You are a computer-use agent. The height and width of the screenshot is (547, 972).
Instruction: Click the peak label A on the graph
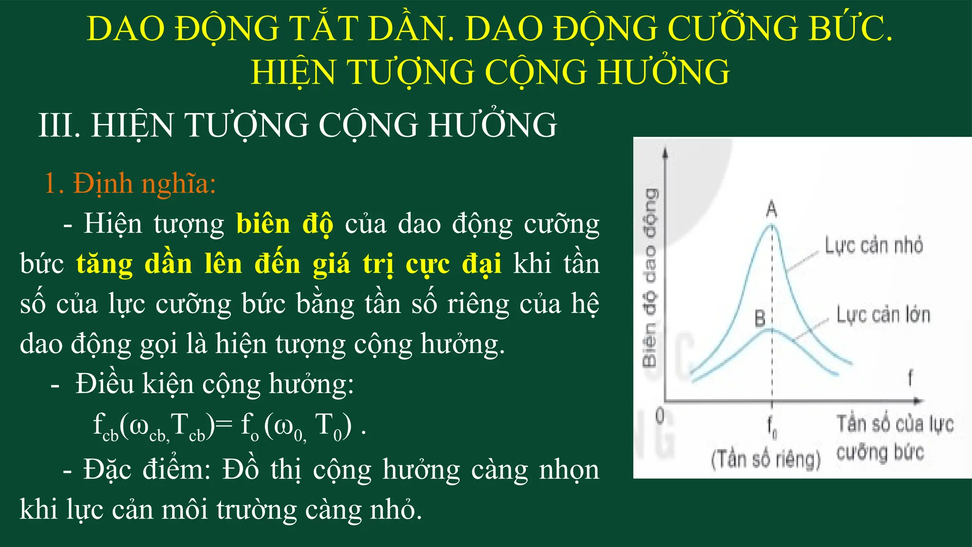[x=772, y=208]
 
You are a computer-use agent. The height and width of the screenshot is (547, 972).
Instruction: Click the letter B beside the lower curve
[x=760, y=318]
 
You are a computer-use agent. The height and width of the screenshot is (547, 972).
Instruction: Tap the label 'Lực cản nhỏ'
[x=874, y=245]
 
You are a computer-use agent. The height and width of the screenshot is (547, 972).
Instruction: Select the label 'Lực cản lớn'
[x=883, y=315]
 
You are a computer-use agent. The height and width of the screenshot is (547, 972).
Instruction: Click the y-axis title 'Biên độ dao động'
[x=650, y=278]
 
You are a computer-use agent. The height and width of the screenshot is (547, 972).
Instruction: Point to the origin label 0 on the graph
[x=660, y=416]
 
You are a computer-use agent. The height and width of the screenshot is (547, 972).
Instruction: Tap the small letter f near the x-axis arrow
[x=910, y=378]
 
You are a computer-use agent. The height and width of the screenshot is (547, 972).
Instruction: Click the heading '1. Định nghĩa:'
[x=130, y=183]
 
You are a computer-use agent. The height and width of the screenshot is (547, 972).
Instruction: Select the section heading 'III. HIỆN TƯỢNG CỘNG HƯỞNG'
[x=298, y=125]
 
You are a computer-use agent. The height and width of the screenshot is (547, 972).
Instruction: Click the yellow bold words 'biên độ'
[x=285, y=224]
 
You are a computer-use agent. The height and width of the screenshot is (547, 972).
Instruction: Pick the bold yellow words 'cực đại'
[x=453, y=264]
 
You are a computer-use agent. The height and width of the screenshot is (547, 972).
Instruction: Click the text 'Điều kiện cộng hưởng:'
[x=215, y=384]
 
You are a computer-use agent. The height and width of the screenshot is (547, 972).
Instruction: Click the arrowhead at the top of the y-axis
[x=665, y=152]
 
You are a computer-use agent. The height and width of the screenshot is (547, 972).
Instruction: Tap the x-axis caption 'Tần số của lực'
[x=895, y=424]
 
